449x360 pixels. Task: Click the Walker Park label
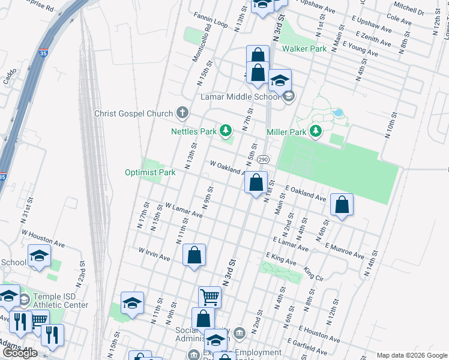click(x=304, y=48)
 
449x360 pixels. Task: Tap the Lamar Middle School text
click(x=240, y=97)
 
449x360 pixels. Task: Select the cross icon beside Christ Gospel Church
click(x=182, y=113)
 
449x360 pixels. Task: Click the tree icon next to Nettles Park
click(x=226, y=130)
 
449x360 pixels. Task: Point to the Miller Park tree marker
click(x=314, y=131)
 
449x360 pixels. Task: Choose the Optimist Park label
click(x=150, y=172)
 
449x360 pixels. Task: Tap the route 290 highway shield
click(x=263, y=160)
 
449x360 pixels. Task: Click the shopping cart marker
click(x=209, y=296)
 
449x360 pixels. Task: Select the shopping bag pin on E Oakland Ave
click(x=342, y=205)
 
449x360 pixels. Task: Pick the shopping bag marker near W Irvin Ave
click(x=194, y=255)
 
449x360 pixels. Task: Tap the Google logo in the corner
click(x=20, y=353)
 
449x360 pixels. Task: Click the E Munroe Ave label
click(x=345, y=251)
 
